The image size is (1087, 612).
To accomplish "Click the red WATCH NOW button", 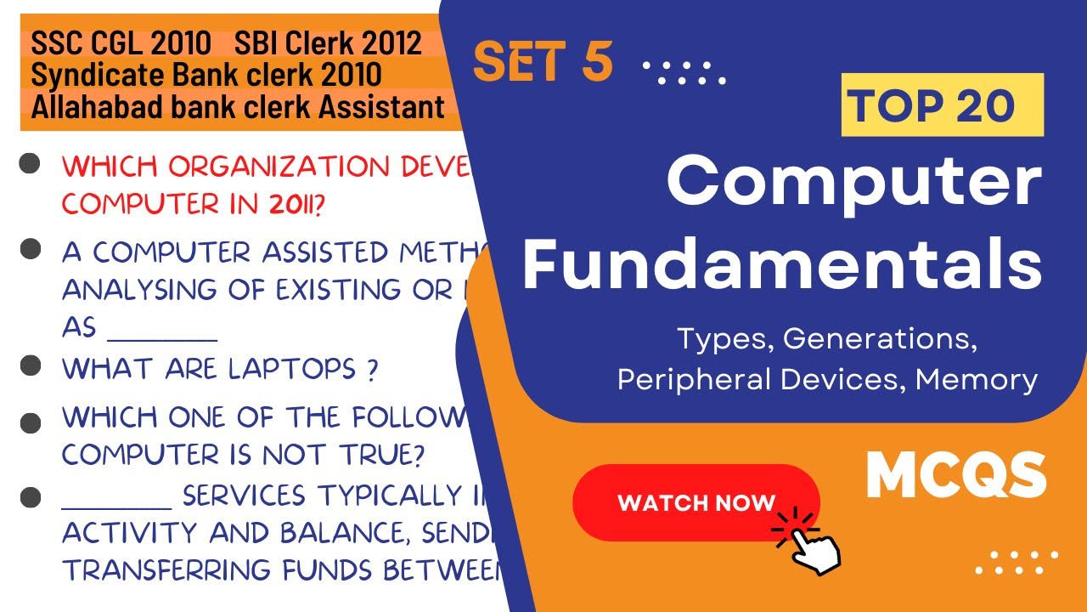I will click(x=696, y=502).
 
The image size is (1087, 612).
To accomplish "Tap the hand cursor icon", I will click(x=808, y=545).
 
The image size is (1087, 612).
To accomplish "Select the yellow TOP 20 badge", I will click(x=942, y=105).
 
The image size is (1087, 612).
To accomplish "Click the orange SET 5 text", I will click(x=543, y=62).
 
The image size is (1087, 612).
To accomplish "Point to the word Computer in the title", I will click(x=853, y=183).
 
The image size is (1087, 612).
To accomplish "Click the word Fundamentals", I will click(x=781, y=264).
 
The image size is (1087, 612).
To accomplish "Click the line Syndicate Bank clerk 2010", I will click(x=206, y=75).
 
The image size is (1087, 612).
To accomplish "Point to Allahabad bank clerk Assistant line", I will click(x=238, y=107).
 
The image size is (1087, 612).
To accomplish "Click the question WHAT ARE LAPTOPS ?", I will click(x=219, y=369).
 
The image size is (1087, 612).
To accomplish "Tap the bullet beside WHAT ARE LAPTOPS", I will click(x=31, y=366).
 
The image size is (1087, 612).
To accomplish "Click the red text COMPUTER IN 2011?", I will click(x=196, y=205).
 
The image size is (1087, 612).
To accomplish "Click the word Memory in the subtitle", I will click(x=977, y=379).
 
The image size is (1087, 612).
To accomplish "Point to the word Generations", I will click(x=878, y=339).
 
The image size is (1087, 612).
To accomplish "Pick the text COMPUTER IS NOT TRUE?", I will click(x=243, y=456).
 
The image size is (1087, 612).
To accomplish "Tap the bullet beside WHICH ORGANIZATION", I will click(x=31, y=165).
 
